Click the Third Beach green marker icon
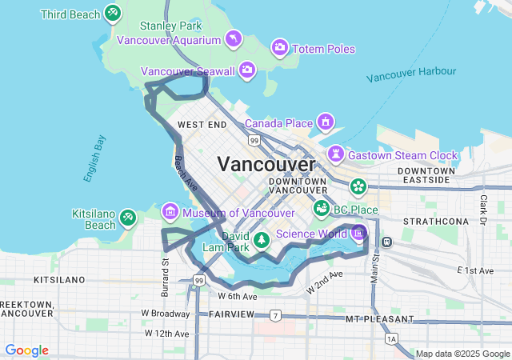(x=113, y=14)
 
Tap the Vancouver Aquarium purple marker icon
(x=233, y=38)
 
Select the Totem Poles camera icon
(x=280, y=48)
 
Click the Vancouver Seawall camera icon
(x=247, y=70)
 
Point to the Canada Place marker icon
(x=326, y=122)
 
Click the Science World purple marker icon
(x=358, y=233)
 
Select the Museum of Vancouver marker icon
(x=170, y=212)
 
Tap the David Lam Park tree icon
(x=261, y=239)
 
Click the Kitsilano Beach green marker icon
(x=128, y=217)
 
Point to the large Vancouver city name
(x=266, y=164)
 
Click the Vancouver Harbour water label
(x=411, y=74)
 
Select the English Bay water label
(x=94, y=158)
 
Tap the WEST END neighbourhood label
(x=202, y=125)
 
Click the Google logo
(x=26, y=350)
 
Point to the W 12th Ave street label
(x=166, y=333)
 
